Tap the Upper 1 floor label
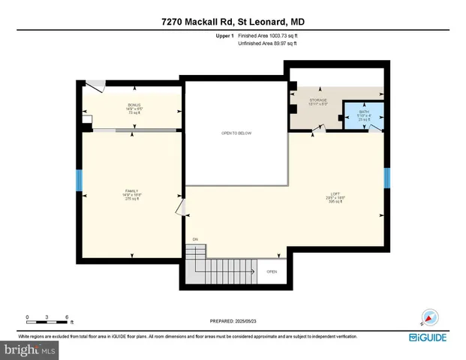coord(225,35)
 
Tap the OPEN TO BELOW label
coord(236,133)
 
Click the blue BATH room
coord(364,117)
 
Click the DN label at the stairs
coord(194,239)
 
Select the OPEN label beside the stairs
coord(271,271)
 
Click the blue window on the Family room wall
coord(79,179)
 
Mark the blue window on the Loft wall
coord(387,178)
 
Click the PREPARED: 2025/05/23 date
coord(232,321)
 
